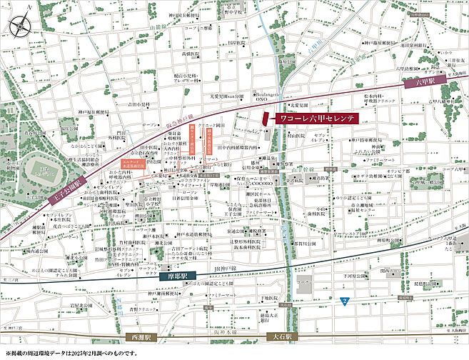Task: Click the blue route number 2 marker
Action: pos(345,300)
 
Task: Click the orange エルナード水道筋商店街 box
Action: pos(132,163)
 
